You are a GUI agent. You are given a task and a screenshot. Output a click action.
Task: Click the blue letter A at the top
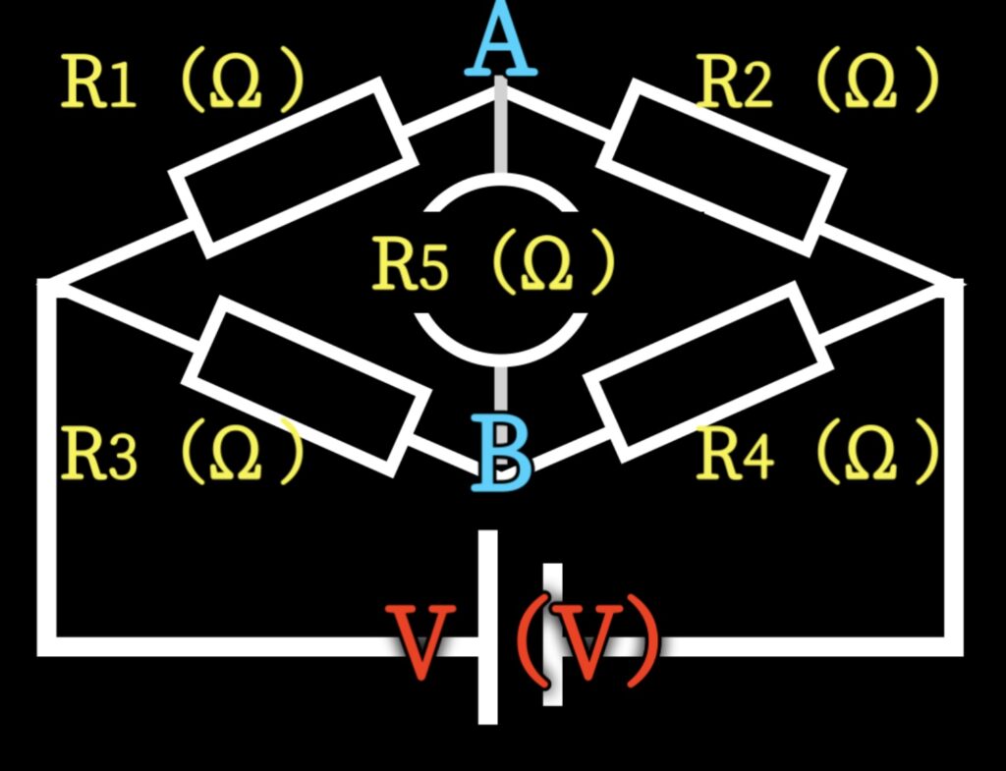501,44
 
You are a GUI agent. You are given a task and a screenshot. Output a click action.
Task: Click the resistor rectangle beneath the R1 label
287,168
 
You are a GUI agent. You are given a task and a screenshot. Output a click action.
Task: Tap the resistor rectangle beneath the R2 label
721,166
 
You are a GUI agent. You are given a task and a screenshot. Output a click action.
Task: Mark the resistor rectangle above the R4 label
704,370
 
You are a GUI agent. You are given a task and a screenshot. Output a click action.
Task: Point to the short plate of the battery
553,634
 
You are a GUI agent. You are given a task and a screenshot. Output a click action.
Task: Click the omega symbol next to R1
236,83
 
